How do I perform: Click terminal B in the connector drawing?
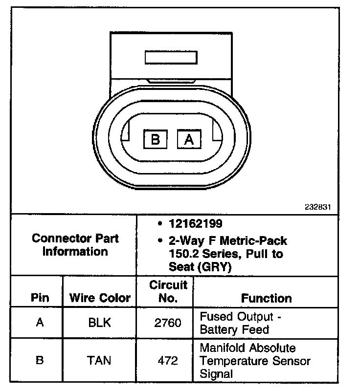coord(156,140)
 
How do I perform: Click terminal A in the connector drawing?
coord(189,140)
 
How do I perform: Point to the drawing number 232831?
coord(318,207)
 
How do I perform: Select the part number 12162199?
coord(196,224)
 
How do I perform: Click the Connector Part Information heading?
coord(75,245)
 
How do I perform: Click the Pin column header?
coord(40,298)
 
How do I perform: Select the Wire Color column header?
coord(100,298)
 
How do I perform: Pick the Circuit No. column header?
coord(168,291)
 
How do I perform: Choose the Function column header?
coord(266,298)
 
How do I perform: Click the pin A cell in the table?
coord(40,323)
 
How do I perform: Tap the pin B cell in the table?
coord(40,361)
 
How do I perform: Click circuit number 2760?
coord(168,323)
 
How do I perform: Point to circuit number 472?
coord(168,361)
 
